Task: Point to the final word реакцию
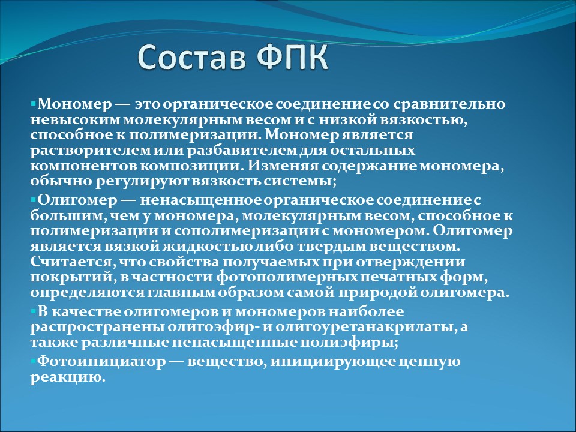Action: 68,377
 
